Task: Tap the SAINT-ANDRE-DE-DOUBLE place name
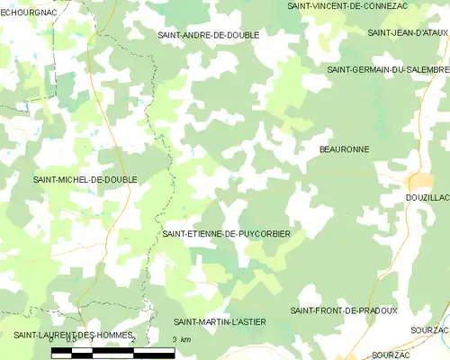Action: (208, 35)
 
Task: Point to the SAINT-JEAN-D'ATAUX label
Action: (408, 32)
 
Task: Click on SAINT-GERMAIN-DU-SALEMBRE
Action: (388, 69)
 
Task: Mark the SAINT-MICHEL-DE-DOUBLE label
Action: (85, 180)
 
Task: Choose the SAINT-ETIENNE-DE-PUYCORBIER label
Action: (226, 233)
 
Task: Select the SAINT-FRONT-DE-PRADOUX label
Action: (344, 310)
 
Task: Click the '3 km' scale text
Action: (181, 339)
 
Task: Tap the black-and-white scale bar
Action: (112, 351)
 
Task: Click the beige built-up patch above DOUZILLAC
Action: (419, 179)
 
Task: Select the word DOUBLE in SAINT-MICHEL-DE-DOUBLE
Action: (117, 180)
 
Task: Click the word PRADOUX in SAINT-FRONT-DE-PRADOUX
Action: (377, 310)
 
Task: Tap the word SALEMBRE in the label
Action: (427, 69)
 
